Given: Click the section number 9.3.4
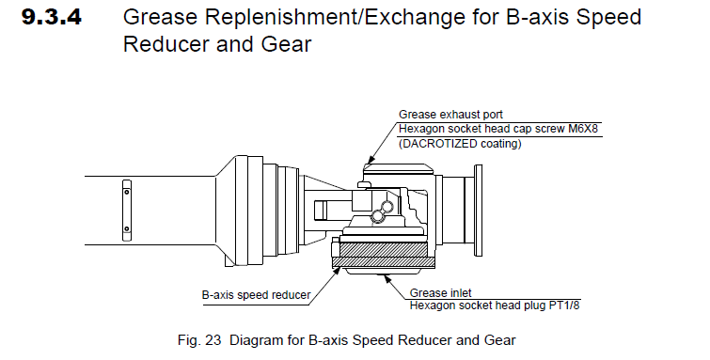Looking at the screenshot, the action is point(52,17).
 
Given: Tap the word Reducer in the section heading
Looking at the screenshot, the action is point(166,44).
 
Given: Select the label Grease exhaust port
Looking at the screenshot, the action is point(450,115).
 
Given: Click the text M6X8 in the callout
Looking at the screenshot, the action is point(583,129).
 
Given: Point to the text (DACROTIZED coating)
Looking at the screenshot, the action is point(460,144).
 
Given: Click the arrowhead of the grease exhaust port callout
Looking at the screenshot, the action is point(371,160).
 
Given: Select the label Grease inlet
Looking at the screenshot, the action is point(441,293).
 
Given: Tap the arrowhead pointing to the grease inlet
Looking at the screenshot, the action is point(387,277).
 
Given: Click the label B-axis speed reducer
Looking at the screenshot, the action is point(256,295).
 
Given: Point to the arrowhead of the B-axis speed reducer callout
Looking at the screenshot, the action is point(337,271).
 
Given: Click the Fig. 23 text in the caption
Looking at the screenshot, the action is point(199,340).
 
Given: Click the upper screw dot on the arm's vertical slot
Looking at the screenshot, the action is point(127,192).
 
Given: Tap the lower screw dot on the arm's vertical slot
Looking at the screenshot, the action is point(127,228).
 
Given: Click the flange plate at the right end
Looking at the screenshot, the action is point(478,211).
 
